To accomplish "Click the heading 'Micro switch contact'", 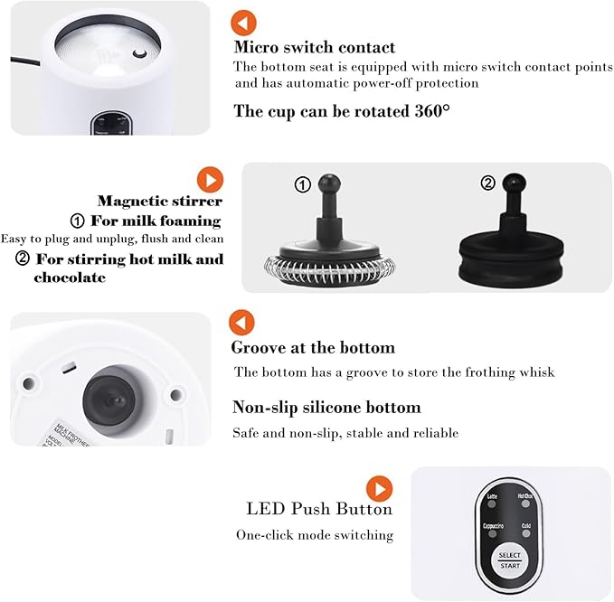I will [314, 47].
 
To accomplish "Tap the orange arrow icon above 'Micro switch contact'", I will [243, 22].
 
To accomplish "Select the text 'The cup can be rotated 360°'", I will [341, 111].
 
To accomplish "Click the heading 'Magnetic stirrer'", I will [159, 201].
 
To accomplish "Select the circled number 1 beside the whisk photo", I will [303, 184].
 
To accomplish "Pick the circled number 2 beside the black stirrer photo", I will [487, 183].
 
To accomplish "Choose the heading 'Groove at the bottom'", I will [313, 347].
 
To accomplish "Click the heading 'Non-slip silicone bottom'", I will [326, 407].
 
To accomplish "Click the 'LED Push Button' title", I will [319, 509].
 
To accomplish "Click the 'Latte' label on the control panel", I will [492, 496].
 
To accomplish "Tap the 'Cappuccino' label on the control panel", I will [494, 526].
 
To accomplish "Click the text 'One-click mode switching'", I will [315, 535].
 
